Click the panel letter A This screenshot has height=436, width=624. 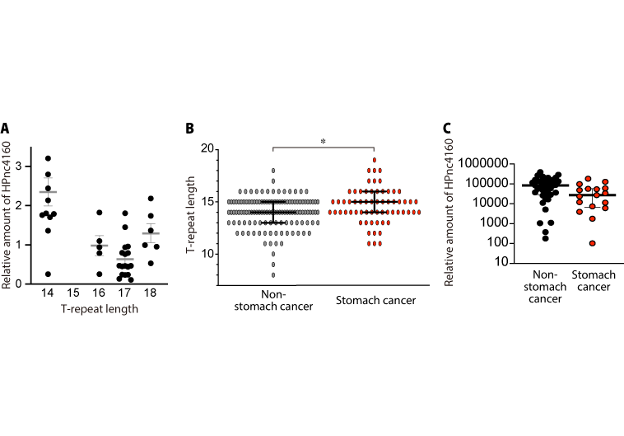click(x=5, y=129)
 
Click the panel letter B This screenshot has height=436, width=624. click(x=190, y=129)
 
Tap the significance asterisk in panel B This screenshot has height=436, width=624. click(x=324, y=142)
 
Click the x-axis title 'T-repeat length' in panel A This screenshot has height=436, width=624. click(x=99, y=310)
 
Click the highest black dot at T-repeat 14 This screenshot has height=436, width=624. click(x=49, y=158)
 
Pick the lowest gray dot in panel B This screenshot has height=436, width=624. click(x=273, y=274)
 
